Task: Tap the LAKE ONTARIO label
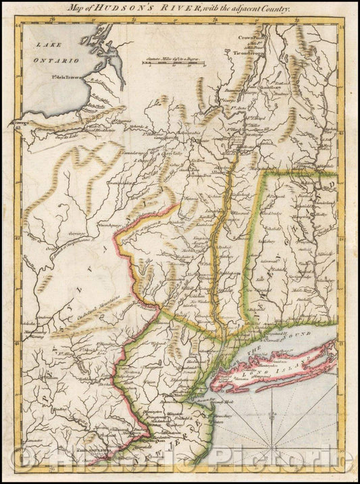tap(52, 53)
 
